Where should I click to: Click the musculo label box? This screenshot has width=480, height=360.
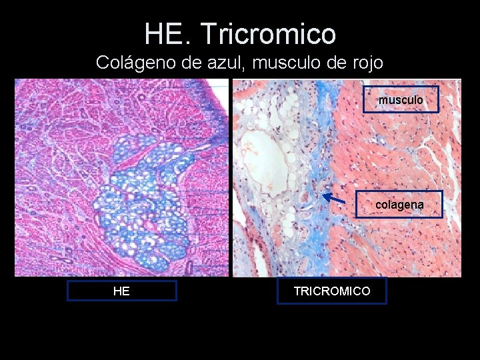click(401, 100)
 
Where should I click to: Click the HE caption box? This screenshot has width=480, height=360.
click(121, 291)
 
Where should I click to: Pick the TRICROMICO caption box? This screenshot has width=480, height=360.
click(331, 291)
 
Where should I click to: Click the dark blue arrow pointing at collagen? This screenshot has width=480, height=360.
click(334, 198)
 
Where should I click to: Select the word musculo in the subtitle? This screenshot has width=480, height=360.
click(289, 63)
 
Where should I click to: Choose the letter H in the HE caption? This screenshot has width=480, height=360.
click(117, 291)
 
